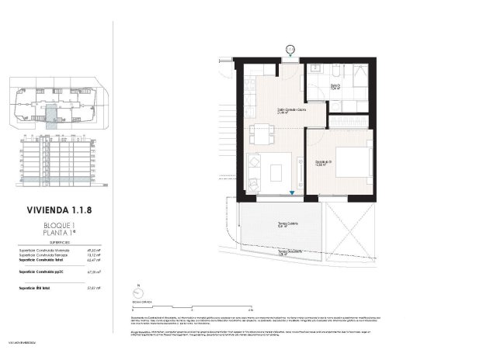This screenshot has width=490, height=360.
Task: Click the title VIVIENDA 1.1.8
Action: point(59,209)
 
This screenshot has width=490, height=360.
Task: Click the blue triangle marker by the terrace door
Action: point(292,195)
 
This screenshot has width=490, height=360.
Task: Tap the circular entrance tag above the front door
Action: point(290,49)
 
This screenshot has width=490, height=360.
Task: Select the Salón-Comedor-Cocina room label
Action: point(291,110)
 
